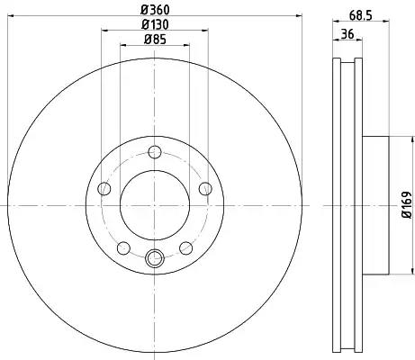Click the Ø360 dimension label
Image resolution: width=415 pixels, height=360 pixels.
155,10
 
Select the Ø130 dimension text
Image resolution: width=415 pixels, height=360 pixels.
155,24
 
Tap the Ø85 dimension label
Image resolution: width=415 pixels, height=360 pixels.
155,40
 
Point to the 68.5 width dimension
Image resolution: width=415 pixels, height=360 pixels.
360,15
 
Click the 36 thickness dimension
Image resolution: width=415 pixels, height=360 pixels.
347,33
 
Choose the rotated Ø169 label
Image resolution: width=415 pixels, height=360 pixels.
407,205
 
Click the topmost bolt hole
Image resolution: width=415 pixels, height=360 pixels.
155,152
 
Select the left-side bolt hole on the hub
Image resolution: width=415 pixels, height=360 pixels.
104,189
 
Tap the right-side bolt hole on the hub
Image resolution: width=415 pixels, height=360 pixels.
205,189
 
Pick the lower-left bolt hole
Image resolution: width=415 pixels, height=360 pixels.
123,248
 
